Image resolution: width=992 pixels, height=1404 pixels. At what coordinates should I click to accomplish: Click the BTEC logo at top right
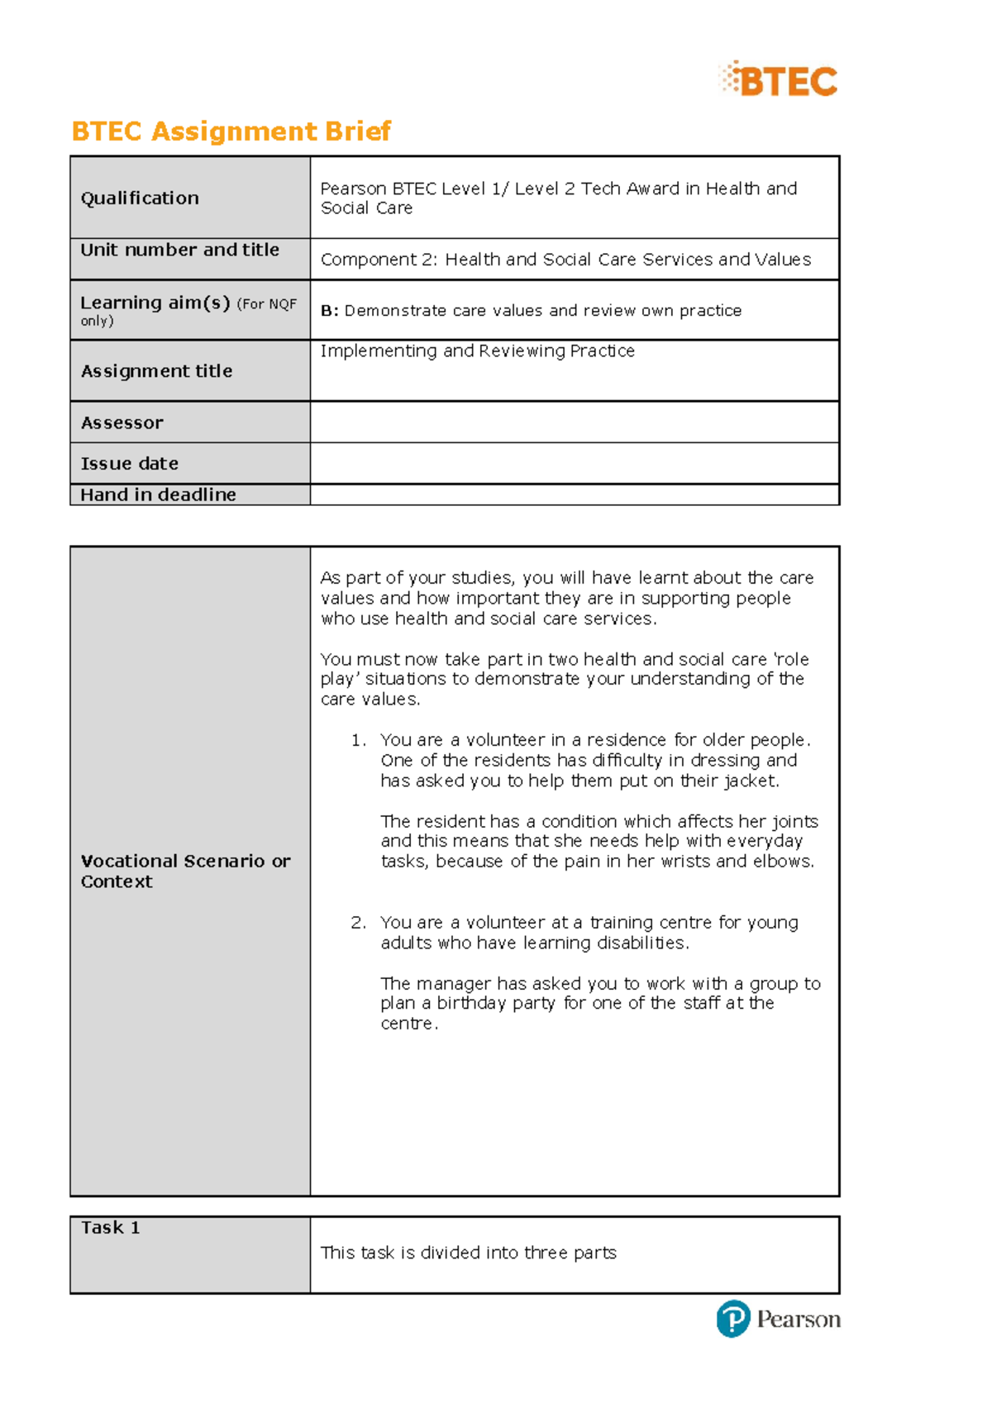[x=779, y=80]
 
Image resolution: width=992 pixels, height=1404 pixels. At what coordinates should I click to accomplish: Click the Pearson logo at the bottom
[x=778, y=1318]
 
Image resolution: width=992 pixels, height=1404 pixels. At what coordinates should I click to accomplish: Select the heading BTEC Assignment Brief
[x=231, y=131]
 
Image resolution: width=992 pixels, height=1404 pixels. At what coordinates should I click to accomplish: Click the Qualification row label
[x=140, y=198]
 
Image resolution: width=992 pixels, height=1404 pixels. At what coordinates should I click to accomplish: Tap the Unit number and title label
[x=179, y=250]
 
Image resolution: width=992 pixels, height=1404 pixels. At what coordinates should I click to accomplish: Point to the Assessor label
[x=122, y=423]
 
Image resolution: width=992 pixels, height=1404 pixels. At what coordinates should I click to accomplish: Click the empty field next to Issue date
[x=574, y=463]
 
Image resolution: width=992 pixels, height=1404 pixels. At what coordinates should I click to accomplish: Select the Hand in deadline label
[x=158, y=494]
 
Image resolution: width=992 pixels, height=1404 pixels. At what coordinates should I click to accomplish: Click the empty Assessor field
[x=574, y=423]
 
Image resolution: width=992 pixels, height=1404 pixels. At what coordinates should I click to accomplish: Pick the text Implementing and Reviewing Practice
[x=477, y=351]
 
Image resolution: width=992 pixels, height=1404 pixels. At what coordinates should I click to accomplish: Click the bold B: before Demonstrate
[x=329, y=311]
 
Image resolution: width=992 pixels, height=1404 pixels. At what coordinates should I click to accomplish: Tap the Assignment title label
[x=156, y=371]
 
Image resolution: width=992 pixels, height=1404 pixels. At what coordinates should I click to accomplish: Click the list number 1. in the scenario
[x=358, y=740]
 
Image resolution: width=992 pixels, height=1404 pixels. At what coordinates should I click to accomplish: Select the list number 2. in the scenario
[x=358, y=923]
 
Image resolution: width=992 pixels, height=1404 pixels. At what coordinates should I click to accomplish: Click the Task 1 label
[x=110, y=1228]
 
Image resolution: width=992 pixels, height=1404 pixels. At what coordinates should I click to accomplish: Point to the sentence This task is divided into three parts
[x=468, y=1253]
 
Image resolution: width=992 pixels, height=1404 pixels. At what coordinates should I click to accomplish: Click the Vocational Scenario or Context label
[x=184, y=871]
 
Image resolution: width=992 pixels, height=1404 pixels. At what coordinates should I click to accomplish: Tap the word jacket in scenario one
[x=751, y=781]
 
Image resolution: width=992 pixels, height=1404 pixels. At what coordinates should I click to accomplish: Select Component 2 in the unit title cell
[x=378, y=260]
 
